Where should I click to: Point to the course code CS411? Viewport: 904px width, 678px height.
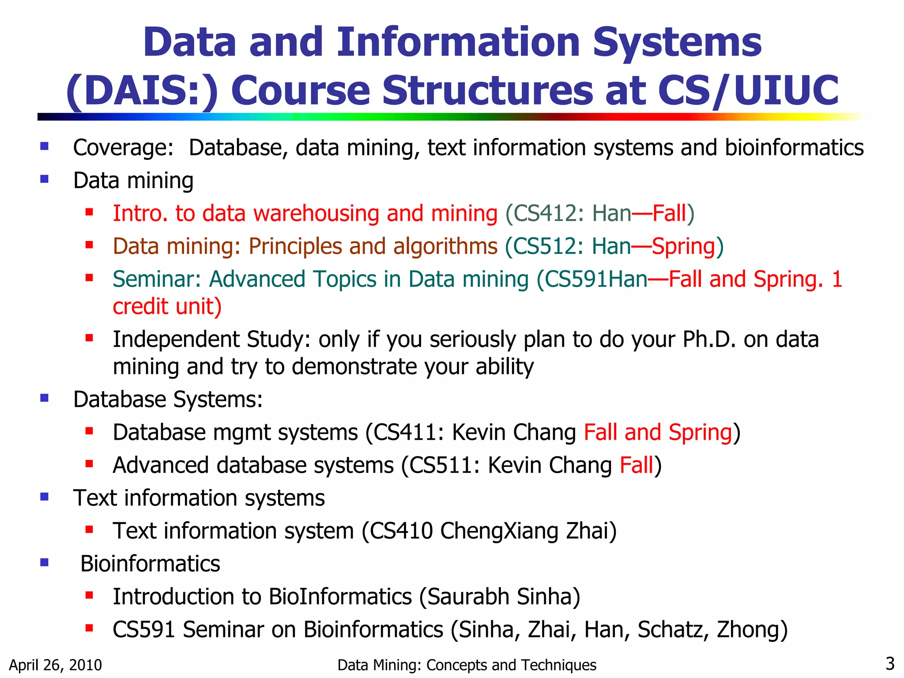coord(405,432)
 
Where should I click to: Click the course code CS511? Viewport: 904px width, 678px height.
coord(441,465)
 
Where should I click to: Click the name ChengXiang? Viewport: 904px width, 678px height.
coord(499,531)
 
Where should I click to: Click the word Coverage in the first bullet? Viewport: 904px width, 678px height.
coord(123,148)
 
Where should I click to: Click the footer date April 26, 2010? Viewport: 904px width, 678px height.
coord(55,665)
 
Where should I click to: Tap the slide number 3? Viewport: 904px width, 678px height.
coord(890,663)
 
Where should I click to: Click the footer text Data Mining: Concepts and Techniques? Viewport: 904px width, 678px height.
coord(467,665)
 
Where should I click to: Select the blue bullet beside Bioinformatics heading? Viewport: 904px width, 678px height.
coord(44,562)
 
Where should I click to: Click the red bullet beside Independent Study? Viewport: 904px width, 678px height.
coord(89,338)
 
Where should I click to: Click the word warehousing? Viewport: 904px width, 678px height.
coord(316,213)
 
